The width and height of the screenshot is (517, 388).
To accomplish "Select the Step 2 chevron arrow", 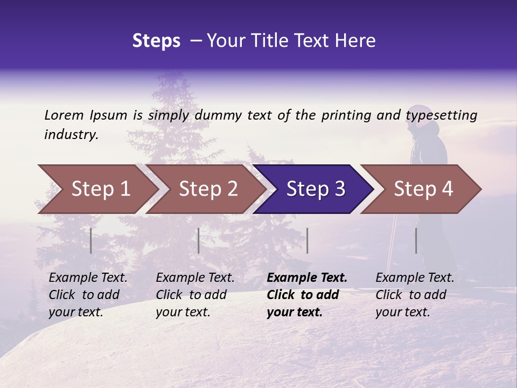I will point(208,189).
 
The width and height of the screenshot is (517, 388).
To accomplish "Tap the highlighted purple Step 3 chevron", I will point(316,189).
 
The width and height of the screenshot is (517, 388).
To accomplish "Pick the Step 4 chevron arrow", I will point(423,189).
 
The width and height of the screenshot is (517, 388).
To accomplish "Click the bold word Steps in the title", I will point(156,40).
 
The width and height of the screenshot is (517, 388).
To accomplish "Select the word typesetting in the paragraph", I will point(441,115).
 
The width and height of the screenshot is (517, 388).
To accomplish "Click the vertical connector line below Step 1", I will point(91,240).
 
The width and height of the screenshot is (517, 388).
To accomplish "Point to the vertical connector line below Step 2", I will point(199,240).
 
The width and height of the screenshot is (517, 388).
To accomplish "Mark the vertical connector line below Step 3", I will point(307,240).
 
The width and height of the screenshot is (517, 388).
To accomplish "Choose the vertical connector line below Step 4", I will point(416,240).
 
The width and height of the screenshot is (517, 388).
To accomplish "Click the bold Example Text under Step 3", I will point(307,278).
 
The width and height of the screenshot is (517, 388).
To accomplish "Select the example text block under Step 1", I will point(88,295).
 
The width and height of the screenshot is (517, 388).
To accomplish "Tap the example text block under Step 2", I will point(195,295).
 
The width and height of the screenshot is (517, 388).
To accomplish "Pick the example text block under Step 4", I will point(415,295).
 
